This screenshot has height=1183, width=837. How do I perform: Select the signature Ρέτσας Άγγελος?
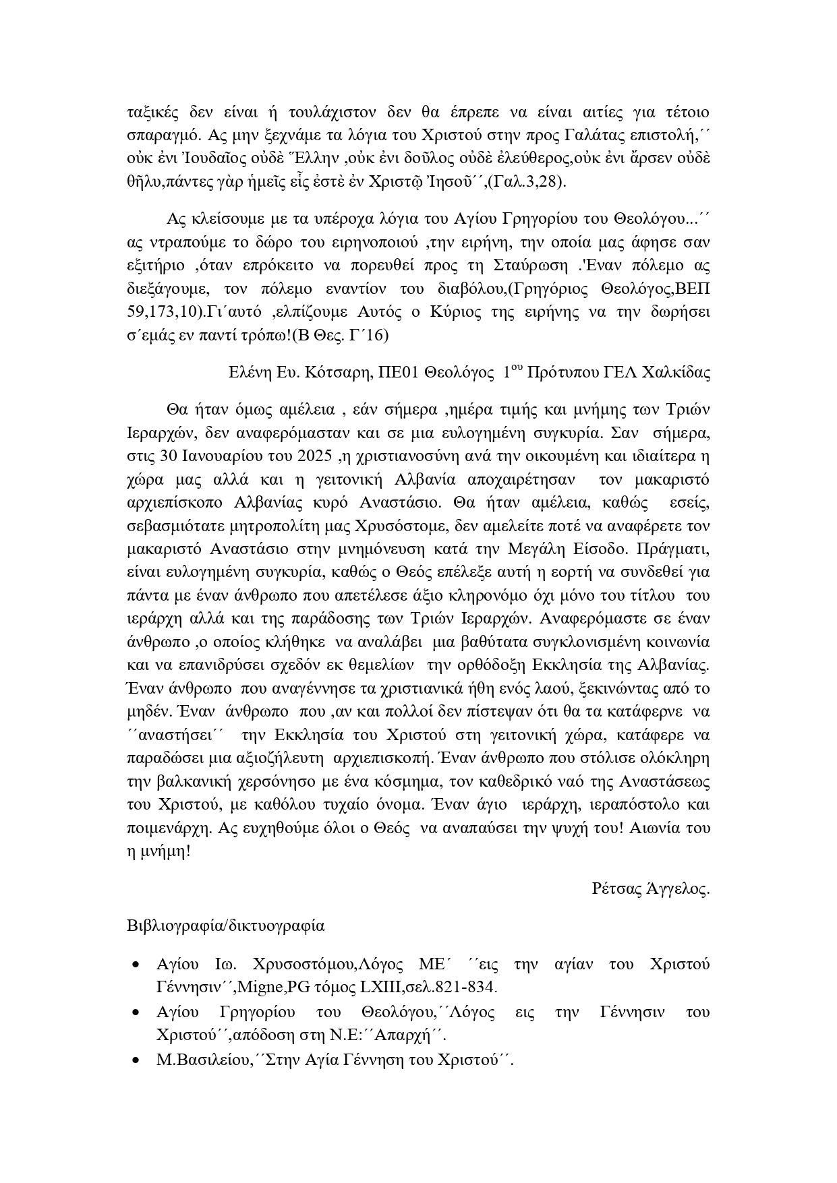[651, 889]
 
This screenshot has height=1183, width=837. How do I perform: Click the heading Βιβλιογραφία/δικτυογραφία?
[225, 926]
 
